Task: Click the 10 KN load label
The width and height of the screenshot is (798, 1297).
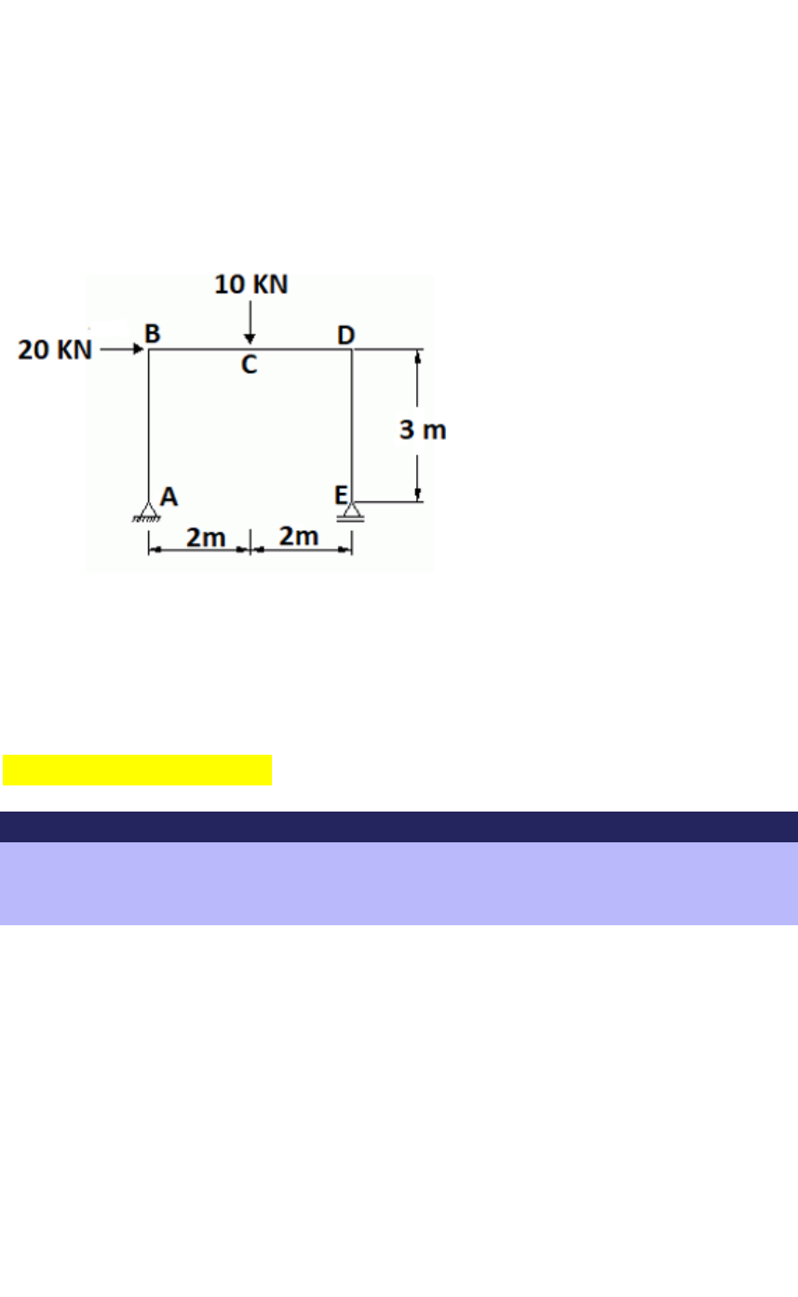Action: click(x=251, y=284)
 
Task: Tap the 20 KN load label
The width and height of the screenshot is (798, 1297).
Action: click(x=56, y=350)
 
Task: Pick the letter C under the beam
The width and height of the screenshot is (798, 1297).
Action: click(x=250, y=365)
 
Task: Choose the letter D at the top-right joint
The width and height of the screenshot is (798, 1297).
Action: click(x=345, y=334)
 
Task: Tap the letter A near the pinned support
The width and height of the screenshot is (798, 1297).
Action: click(x=169, y=497)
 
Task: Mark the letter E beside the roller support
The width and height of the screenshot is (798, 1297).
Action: click(x=342, y=495)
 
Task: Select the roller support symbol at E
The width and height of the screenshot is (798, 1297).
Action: click(x=351, y=512)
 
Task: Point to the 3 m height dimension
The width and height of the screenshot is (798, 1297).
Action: click(x=424, y=430)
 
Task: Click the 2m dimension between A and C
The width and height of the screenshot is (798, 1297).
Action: click(x=205, y=538)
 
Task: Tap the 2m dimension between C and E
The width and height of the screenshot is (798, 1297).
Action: click(x=299, y=538)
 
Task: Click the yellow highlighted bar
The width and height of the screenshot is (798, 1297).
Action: click(x=137, y=771)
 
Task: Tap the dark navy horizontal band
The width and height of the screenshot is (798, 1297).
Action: click(x=399, y=826)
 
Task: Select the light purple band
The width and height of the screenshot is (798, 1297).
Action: click(x=399, y=883)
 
